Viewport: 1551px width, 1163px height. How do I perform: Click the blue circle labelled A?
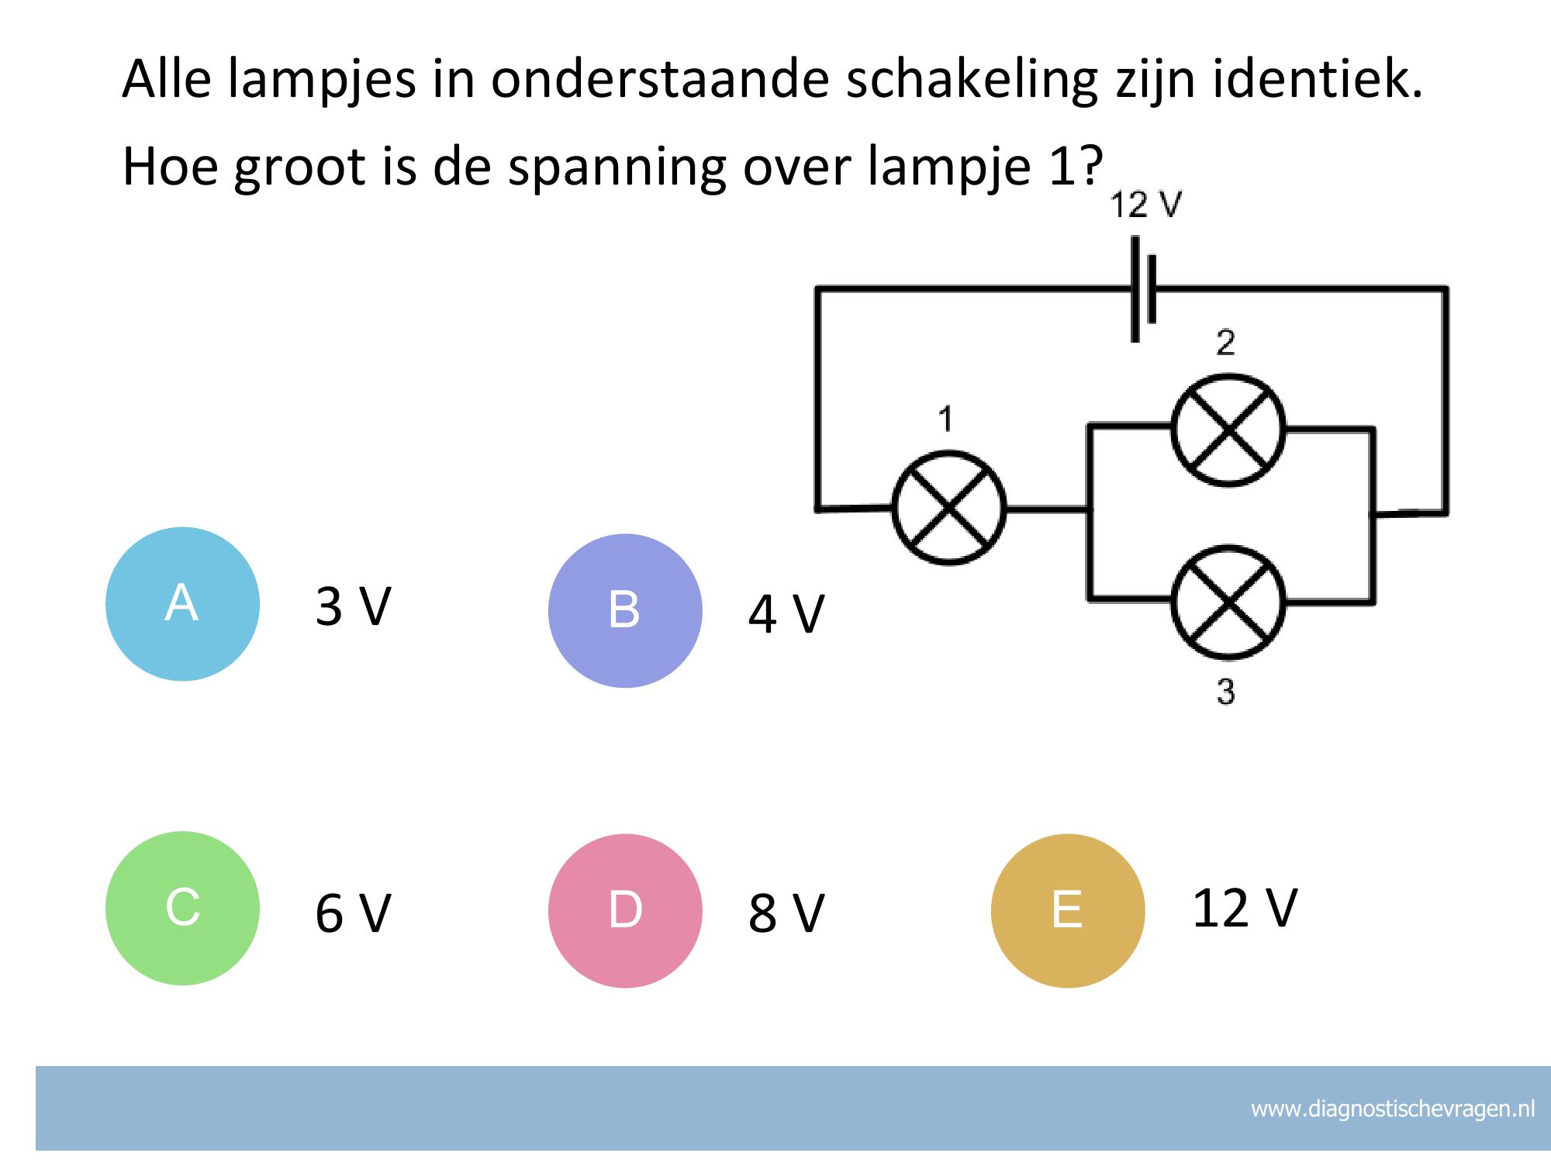(x=182, y=604)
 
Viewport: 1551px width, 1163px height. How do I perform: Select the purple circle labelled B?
(x=625, y=610)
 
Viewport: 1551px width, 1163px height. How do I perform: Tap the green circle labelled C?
(x=182, y=908)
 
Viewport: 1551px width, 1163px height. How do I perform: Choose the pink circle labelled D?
(x=625, y=910)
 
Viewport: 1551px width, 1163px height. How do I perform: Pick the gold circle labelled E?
(x=1068, y=910)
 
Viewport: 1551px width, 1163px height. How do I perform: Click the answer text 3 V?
(x=353, y=606)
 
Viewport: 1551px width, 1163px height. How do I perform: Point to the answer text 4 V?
(x=786, y=614)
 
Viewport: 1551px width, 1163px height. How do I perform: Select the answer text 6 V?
(x=353, y=913)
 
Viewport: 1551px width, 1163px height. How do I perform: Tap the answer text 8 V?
(x=786, y=913)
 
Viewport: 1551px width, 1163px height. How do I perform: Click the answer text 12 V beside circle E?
(x=1244, y=908)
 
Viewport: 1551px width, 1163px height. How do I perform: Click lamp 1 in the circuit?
(x=948, y=509)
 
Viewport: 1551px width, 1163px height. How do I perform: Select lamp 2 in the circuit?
(x=1228, y=430)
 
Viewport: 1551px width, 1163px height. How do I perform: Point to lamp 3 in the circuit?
(x=1228, y=602)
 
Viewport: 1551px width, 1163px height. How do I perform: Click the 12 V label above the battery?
(x=1145, y=205)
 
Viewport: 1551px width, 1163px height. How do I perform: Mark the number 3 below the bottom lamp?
(x=1225, y=692)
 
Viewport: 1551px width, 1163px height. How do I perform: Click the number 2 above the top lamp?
(x=1225, y=342)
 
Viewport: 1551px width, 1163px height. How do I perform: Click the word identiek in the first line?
(x=1317, y=79)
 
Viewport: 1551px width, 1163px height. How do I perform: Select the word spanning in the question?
(x=617, y=167)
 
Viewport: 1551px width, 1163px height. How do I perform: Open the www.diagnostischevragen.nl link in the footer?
(x=1392, y=1109)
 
